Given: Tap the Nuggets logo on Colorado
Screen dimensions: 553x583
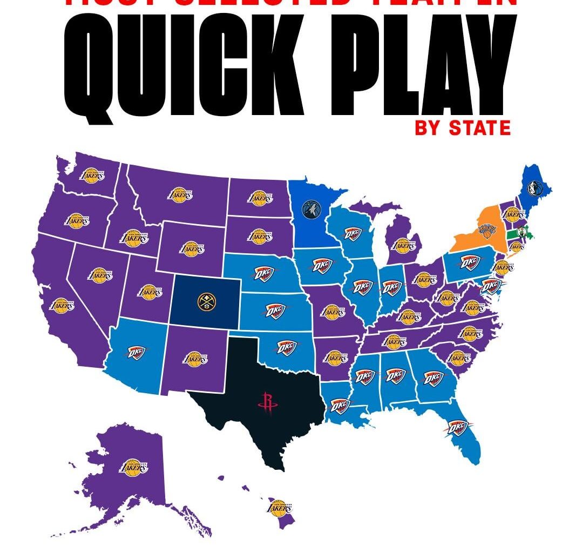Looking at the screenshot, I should coord(206,302).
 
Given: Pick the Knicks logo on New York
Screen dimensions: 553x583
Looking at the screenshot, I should coord(486,232).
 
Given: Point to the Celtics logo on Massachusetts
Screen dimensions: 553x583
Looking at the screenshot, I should coord(521,233).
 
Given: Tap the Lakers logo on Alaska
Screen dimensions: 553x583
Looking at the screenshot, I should coord(133,467).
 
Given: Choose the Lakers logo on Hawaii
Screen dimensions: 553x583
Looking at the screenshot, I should coord(280,507).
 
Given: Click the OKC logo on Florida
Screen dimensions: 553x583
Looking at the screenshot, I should coord(457,428).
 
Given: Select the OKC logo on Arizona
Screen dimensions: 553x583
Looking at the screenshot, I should coord(137,352).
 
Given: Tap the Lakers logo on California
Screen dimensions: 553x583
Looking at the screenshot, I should coord(62,305).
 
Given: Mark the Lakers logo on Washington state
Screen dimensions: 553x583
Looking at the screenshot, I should coord(92,175).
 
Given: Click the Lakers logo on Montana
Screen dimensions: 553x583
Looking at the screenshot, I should coord(180,194).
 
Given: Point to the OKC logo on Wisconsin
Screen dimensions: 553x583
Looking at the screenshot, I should coord(352,233).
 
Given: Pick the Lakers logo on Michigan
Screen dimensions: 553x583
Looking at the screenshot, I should coord(404,246).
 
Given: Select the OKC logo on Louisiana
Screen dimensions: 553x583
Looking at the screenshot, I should coord(340,404).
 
